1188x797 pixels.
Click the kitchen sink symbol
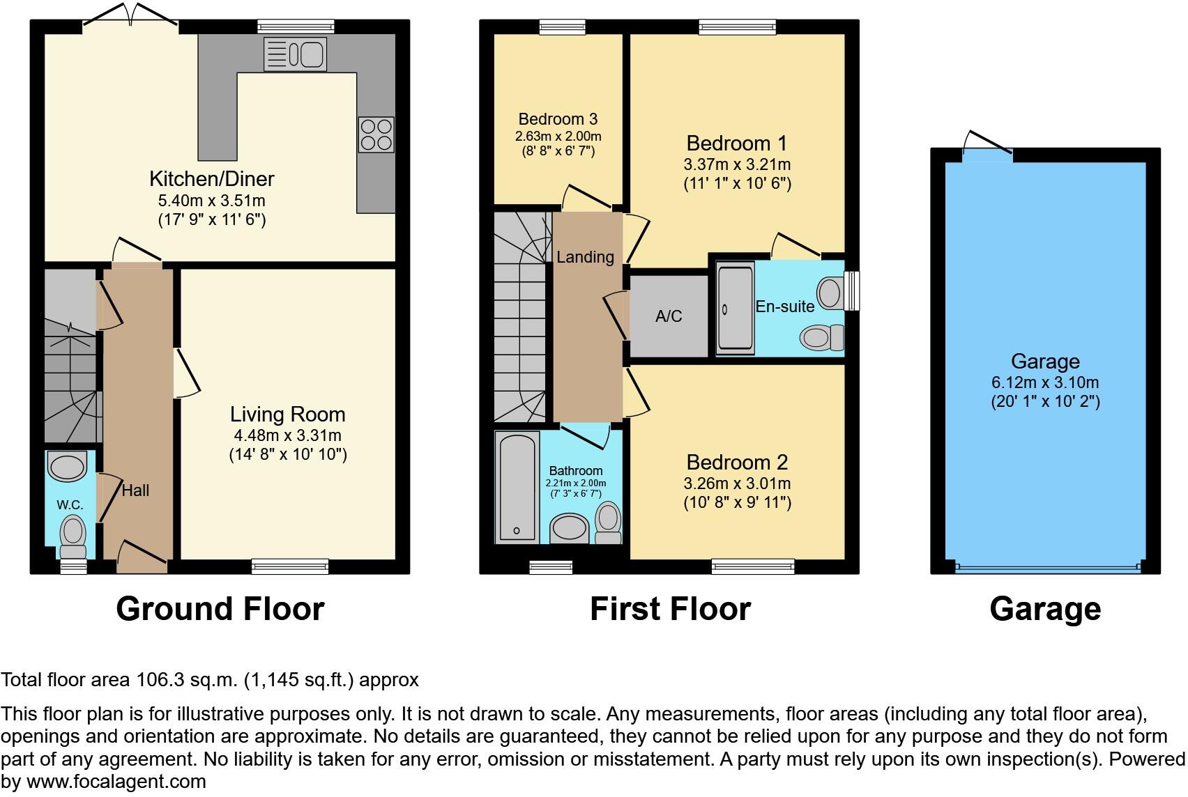(295, 54)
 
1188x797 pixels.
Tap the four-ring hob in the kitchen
(376, 134)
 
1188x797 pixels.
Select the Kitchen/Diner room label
(211, 179)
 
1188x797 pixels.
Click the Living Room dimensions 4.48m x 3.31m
(288, 436)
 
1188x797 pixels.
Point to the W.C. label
(70, 504)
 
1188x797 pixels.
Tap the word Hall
(135, 490)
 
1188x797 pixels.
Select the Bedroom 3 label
(558, 119)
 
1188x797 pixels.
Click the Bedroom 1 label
(736, 144)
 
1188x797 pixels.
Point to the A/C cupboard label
(668, 316)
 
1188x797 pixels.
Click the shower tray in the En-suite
(736, 307)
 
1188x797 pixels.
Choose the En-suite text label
(785, 307)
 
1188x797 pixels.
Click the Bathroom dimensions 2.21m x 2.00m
(575, 483)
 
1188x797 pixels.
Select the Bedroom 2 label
(737, 463)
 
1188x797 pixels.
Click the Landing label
(585, 257)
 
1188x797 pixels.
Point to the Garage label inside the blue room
(1045, 361)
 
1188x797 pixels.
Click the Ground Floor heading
(220, 609)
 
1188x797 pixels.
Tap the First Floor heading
(670, 609)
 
